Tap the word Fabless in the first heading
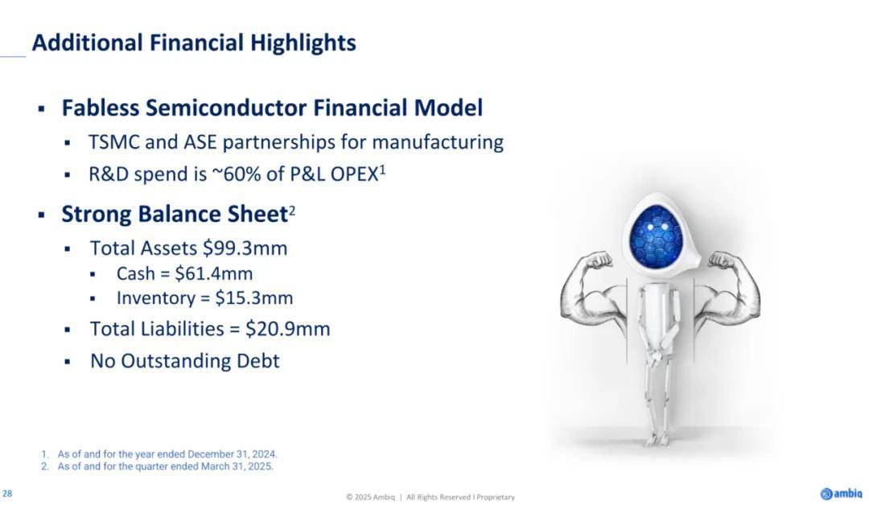pos(101,108)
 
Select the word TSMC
pos(114,142)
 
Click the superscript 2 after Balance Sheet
pos(292,211)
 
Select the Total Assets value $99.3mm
pos(245,248)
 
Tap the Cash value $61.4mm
pos(213,273)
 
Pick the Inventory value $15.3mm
pos(253,297)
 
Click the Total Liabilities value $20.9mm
pos(287,329)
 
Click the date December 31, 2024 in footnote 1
pos(232,454)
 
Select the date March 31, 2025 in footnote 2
pos(237,466)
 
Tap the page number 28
pos(7,493)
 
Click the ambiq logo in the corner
pos(842,493)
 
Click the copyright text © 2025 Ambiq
pos(370,497)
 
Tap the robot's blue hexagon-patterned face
pos(657,235)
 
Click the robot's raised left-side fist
pos(599,260)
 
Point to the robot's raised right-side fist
pos(722,259)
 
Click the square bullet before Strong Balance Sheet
pos(42,215)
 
